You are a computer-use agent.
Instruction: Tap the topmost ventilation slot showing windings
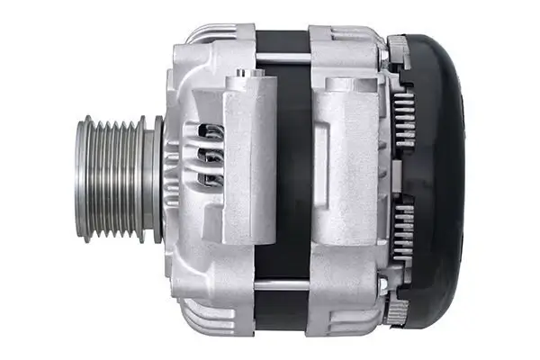[212, 133]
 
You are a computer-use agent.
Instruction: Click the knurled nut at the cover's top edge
[397, 43]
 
